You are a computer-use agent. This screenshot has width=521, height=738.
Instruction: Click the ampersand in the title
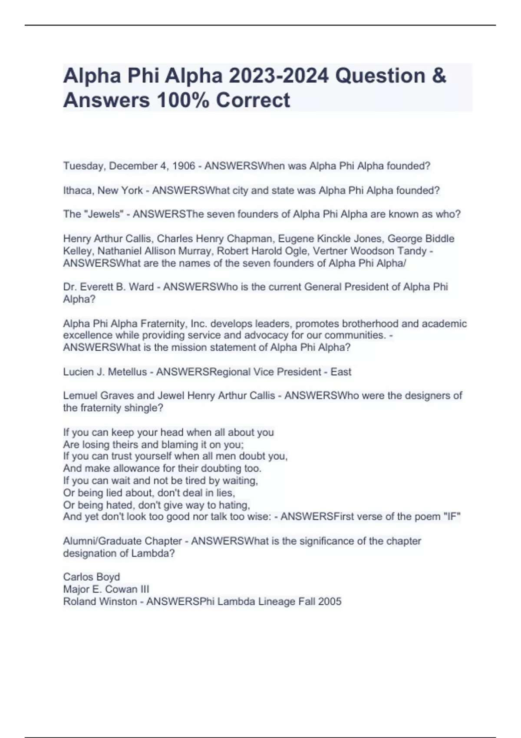(x=439, y=76)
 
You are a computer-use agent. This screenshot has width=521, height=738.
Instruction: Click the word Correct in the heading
(x=253, y=100)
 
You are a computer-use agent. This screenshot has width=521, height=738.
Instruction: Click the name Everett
(x=105, y=287)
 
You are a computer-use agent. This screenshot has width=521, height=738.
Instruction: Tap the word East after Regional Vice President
(x=341, y=372)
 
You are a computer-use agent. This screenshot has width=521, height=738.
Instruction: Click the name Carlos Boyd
(x=91, y=577)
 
